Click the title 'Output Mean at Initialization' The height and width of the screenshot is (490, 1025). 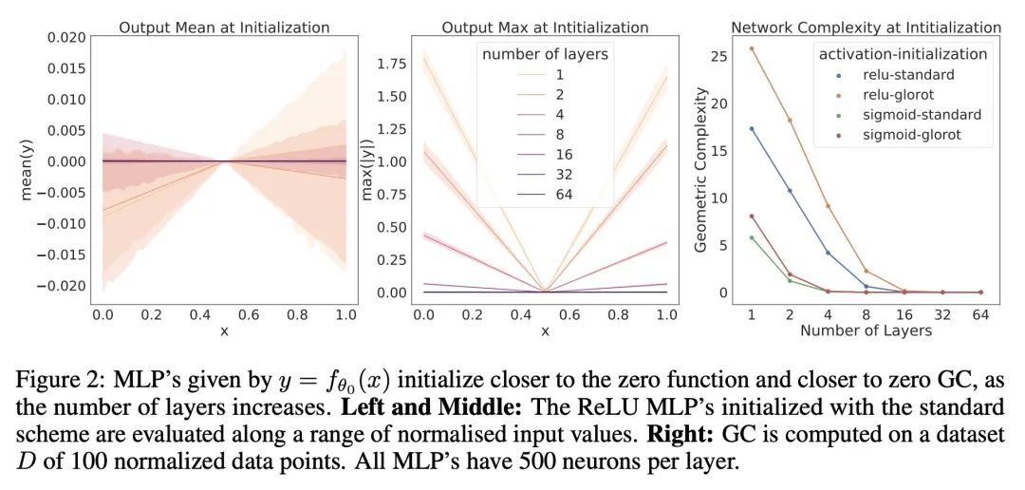[x=224, y=28]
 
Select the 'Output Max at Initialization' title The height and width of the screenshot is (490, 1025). [x=545, y=28]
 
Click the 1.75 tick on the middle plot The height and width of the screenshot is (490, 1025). [x=391, y=63]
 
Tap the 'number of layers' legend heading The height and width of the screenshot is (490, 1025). [x=545, y=54]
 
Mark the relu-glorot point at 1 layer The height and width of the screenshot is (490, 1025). [x=752, y=48]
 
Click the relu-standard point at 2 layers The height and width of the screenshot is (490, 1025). [x=790, y=191]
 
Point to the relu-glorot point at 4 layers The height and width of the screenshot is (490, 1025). [x=828, y=206]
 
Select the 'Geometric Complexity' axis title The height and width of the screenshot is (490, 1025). [x=700, y=170]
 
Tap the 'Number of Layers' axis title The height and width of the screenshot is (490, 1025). [x=866, y=330]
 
